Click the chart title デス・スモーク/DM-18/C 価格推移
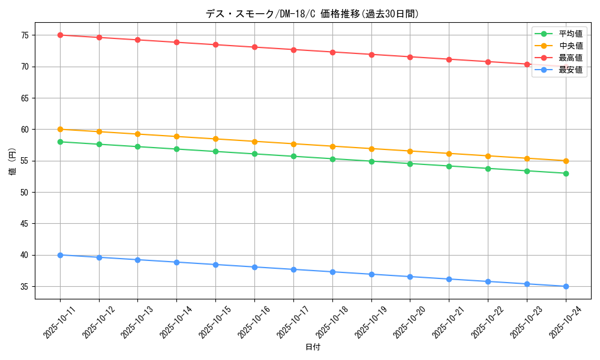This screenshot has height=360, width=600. (312, 14)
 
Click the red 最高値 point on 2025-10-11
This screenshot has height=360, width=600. (60, 35)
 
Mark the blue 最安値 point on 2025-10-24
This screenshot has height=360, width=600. (566, 286)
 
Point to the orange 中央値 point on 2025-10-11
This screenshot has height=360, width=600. (60, 129)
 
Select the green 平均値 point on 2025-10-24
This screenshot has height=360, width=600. (566, 173)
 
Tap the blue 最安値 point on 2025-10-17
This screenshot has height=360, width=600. (293, 269)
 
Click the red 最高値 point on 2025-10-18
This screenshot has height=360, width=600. (332, 52)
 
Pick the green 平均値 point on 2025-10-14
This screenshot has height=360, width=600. (176, 149)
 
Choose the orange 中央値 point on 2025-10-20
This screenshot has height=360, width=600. (410, 151)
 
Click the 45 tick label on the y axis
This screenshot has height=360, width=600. (25, 224)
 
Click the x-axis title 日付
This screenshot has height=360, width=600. (313, 347)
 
